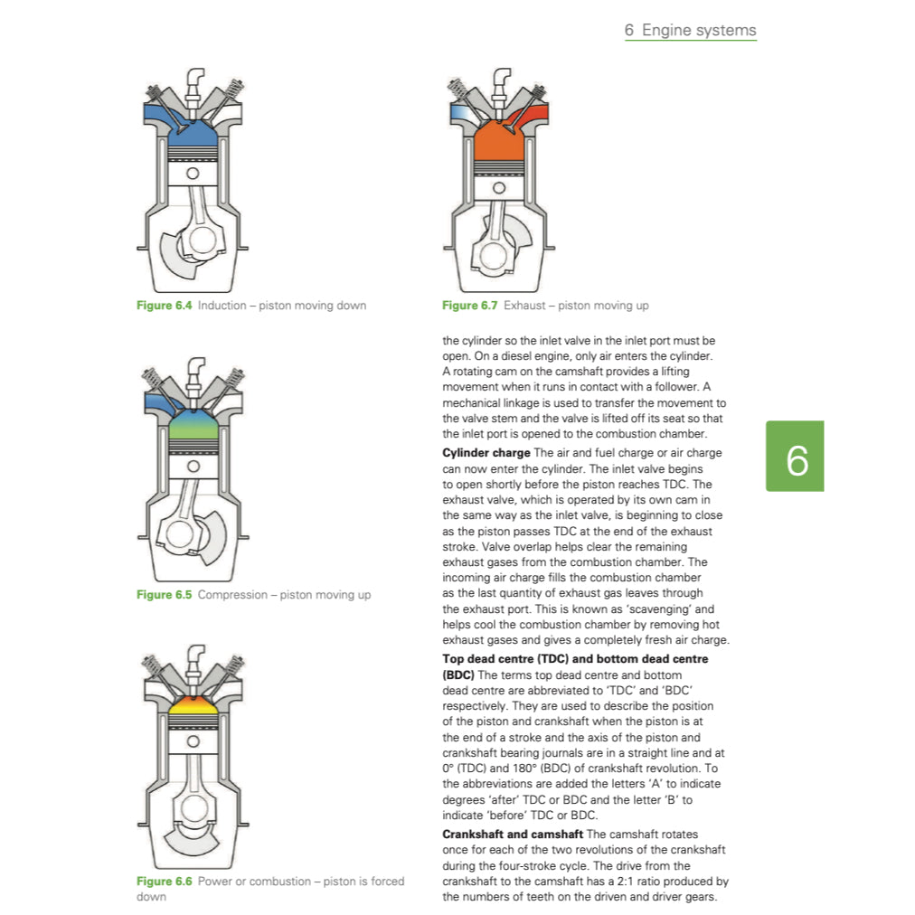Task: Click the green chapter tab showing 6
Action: point(795,456)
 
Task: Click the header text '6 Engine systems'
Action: point(690,30)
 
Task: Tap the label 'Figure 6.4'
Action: point(164,306)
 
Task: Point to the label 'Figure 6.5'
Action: point(164,595)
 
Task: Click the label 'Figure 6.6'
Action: point(164,882)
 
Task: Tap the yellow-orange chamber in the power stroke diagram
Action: point(193,704)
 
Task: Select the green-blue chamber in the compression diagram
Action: point(193,421)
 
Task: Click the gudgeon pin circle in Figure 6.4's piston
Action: point(193,173)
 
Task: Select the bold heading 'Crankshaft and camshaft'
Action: point(512,834)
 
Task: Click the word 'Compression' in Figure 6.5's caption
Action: point(232,595)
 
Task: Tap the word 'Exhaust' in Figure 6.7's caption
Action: point(524,306)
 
